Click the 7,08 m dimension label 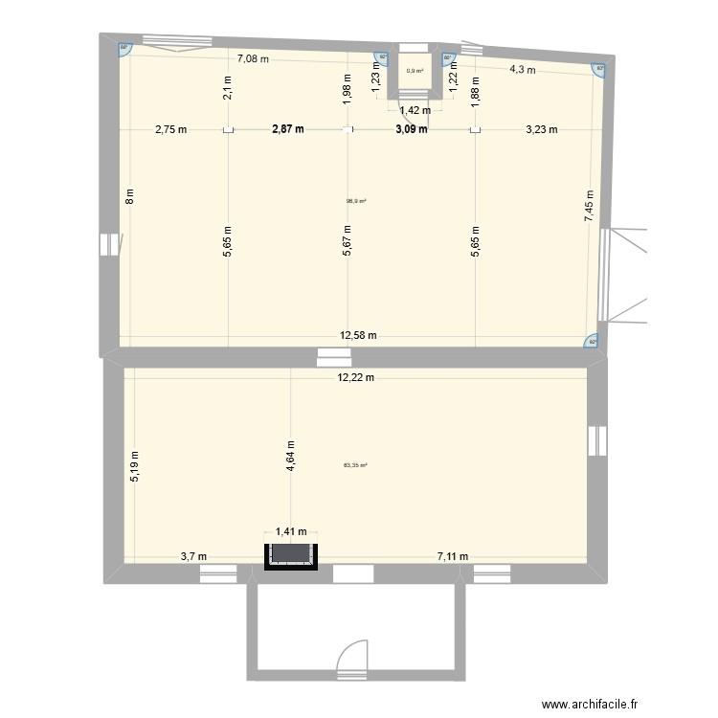tap(253, 58)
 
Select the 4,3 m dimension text tap(521, 69)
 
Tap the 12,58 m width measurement tap(358, 335)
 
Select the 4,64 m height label tap(289, 450)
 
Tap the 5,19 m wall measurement tap(135, 466)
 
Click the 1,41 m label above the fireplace tap(291, 532)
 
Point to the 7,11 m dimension tap(454, 555)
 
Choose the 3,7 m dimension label tap(192, 555)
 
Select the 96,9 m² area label tap(356, 201)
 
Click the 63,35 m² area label tap(355, 466)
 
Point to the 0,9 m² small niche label tap(415, 71)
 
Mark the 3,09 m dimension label tap(411, 130)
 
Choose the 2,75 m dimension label tap(171, 130)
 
